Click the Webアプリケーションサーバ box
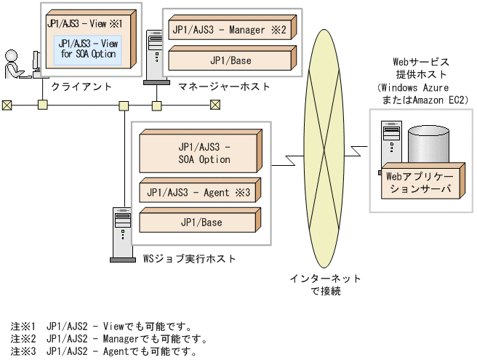(x=417, y=182)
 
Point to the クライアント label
(x=81, y=87)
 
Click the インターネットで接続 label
(x=325, y=284)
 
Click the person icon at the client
(x=14, y=66)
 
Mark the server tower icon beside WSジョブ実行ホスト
(x=121, y=233)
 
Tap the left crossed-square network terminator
(x=7, y=105)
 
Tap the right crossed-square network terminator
(x=215, y=105)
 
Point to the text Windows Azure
(x=412, y=87)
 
